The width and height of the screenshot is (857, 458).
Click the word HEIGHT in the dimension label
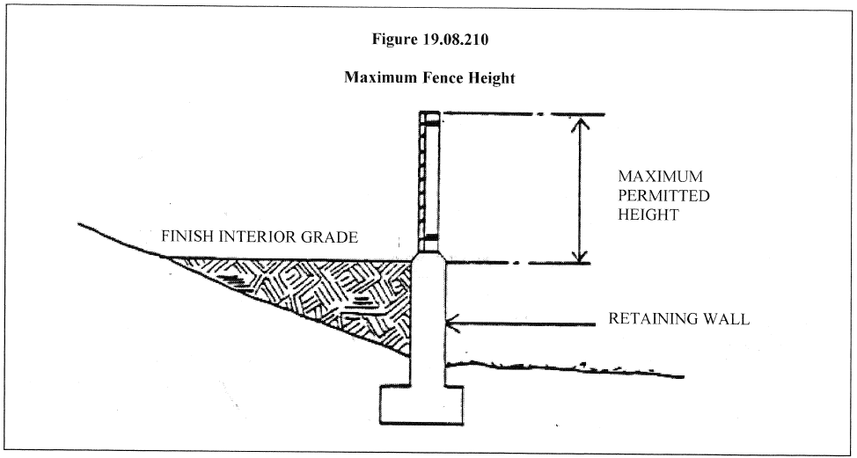[x=648, y=214]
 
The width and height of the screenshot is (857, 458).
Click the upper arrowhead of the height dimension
[x=578, y=123]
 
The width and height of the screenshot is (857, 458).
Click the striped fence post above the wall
[x=429, y=185]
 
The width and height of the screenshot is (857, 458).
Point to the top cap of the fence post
[x=429, y=116]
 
